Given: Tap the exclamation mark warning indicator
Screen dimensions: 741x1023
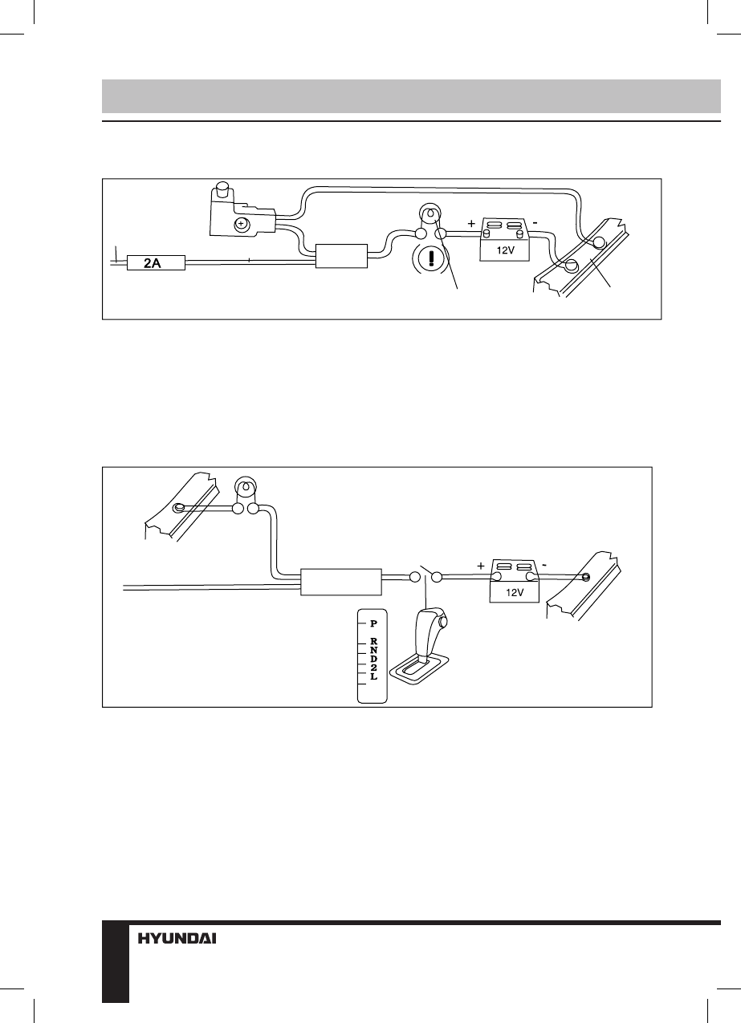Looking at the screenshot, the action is (432, 261).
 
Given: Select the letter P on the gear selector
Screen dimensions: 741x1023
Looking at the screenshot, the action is (373, 623).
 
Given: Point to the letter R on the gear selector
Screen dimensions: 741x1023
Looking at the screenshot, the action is (373, 642).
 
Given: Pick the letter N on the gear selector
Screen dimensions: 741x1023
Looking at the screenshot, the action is (373, 651).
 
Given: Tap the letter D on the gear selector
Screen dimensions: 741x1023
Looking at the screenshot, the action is (373, 660).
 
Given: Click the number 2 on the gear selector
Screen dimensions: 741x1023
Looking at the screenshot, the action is (373, 668).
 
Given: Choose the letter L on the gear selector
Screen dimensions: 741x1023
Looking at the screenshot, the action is (373, 678).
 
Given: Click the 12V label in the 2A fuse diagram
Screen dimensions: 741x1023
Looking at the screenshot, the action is (506, 250).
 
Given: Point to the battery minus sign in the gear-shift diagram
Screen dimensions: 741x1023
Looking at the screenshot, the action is (544, 564).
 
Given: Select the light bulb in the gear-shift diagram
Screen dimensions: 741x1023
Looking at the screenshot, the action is (245, 487).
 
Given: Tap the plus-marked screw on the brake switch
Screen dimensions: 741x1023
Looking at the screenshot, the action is (240, 225).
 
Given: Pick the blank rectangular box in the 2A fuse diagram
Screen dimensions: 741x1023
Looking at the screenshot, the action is (341, 256).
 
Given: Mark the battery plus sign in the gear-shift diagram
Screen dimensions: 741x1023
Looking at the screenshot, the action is (481, 566).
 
